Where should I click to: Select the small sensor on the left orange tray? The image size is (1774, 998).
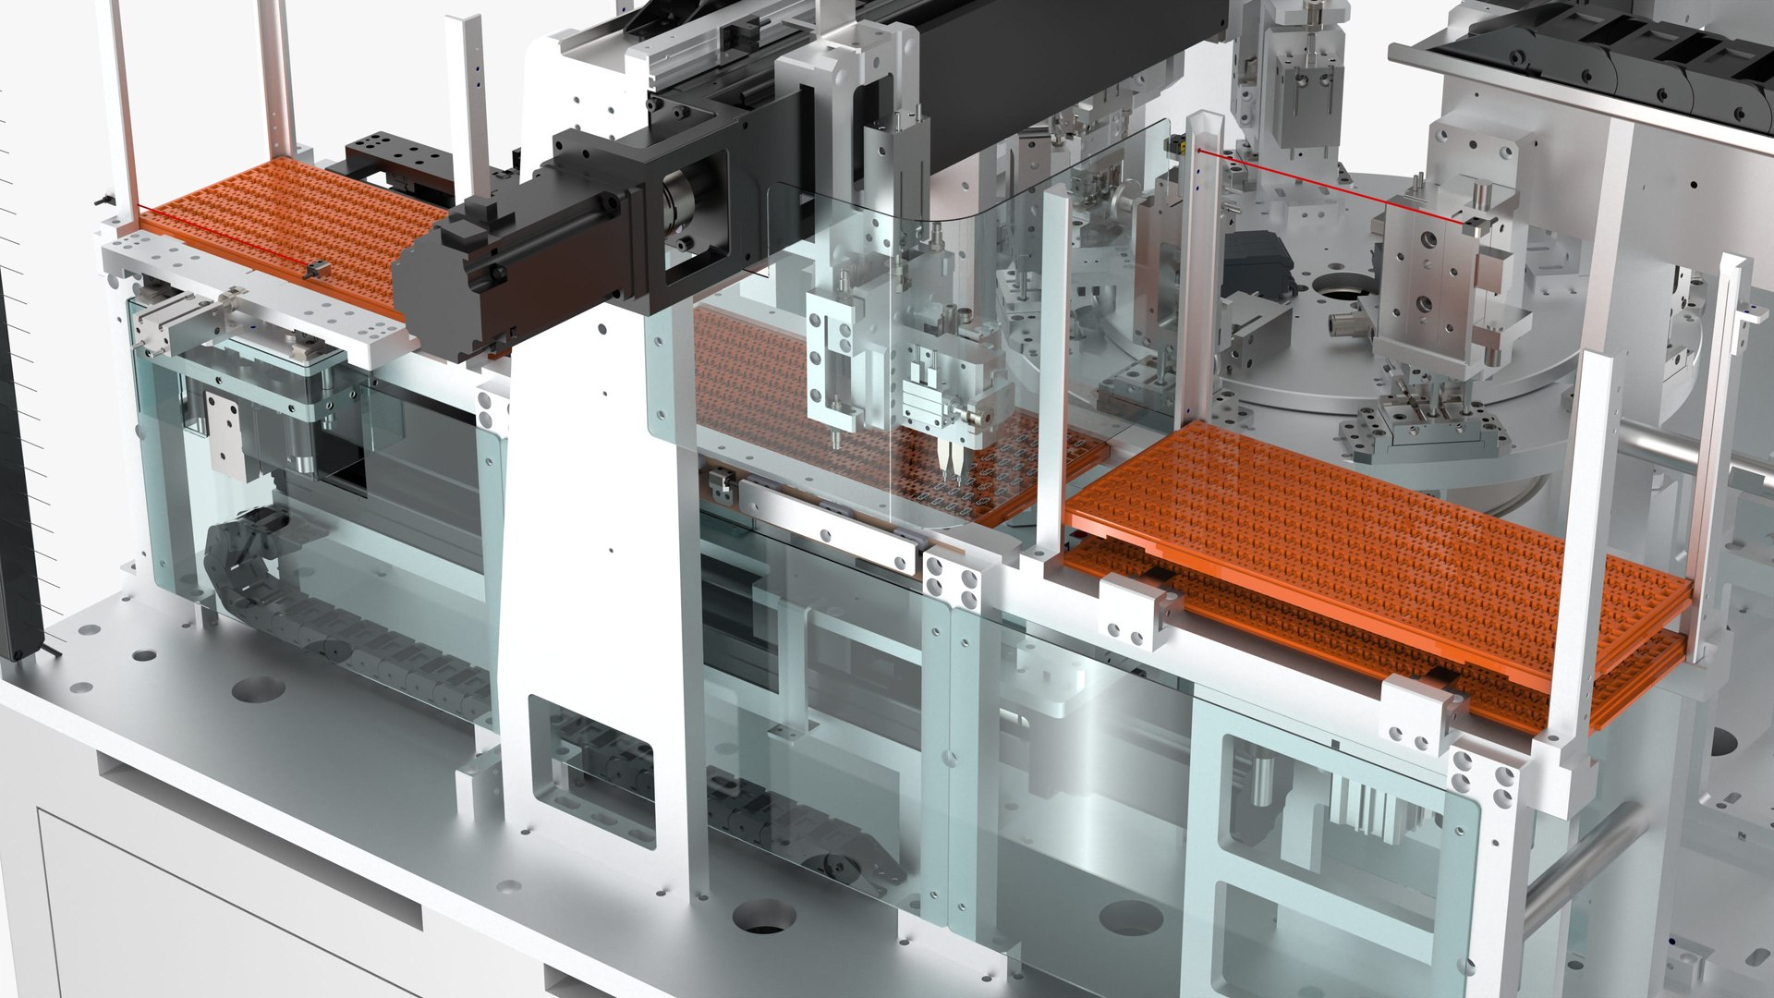click(316, 269)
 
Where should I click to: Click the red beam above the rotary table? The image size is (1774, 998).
click(1330, 185)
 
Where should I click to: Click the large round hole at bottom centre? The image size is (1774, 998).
click(764, 915)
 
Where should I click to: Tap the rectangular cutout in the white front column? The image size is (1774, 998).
click(591, 767)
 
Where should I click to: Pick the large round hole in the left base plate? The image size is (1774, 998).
click(257, 689)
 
